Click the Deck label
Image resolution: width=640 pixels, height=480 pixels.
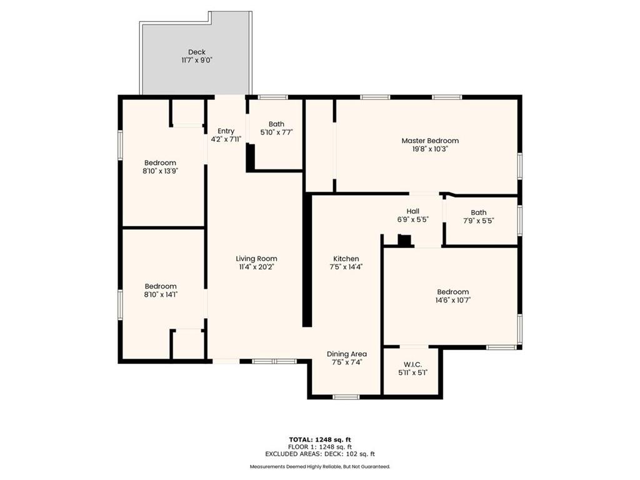click(x=197, y=52)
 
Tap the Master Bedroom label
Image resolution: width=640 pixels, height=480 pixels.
click(x=429, y=141)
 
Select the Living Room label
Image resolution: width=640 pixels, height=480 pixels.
click(x=256, y=259)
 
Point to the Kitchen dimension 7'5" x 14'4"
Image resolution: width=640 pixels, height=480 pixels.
click(x=346, y=267)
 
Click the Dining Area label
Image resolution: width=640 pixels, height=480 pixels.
click(x=346, y=354)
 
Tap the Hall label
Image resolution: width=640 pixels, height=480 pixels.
click(x=412, y=211)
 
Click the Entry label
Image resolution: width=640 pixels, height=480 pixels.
click(x=226, y=131)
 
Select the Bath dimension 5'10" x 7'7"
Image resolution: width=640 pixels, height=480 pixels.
click(x=276, y=132)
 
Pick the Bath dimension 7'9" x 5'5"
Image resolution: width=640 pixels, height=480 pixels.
click(x=478, y=221)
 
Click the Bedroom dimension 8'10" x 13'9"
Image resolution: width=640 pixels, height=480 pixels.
click(x=160, y=171)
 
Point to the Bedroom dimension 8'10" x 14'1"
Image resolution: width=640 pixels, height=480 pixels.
click(x=160, y=294)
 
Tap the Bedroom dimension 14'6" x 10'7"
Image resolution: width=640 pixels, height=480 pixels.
click(x=452, y=300)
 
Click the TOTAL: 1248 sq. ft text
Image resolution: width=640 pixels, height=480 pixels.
click(x=320, y=439)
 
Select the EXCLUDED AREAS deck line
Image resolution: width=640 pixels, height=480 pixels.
click(x=320, y=454)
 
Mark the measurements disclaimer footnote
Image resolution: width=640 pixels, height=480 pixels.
click(x=320, y=467)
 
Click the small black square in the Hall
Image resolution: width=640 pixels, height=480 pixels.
click(x=404, y=241)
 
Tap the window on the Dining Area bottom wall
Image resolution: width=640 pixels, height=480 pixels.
click(x=346, y=397)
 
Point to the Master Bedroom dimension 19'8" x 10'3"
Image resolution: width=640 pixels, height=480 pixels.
click(x=429, y=149)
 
